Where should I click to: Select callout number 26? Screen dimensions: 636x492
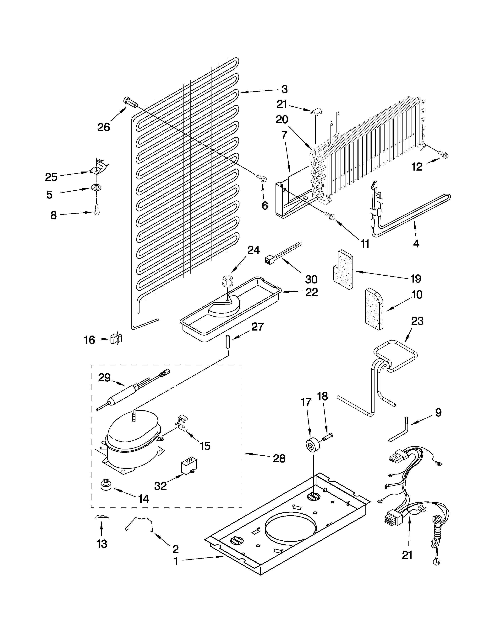coord(103,127)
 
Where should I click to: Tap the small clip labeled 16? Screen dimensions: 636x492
coord(117,339)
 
